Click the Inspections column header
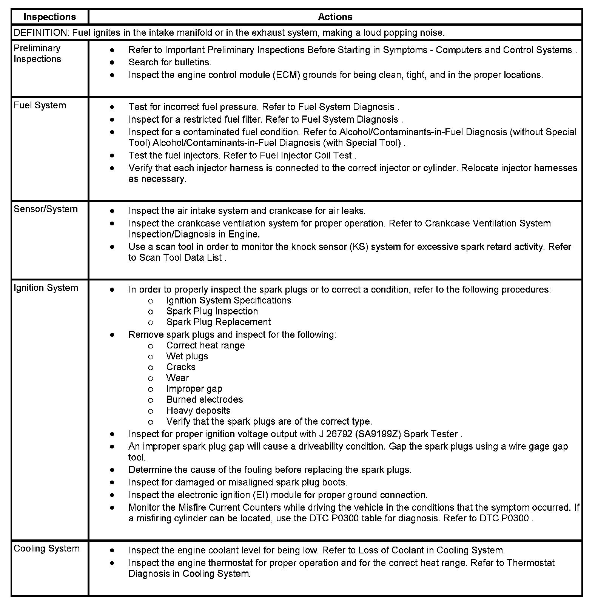coord(49,17)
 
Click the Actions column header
coord(335,17)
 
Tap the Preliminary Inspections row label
coord(37,54)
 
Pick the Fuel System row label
coord(40,105)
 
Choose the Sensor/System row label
coord(45,209)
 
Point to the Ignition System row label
coord(46,288)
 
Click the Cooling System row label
coord(46,548)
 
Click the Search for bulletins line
coord(170,62)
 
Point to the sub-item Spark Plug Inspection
coord(212,311)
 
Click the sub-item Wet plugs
coord(187,356)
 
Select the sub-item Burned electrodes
coord(204,400)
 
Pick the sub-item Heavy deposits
coord(198,411)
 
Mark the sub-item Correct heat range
coord(205,345)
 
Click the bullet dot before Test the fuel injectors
coord(112,156)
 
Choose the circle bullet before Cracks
coord(150,368)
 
